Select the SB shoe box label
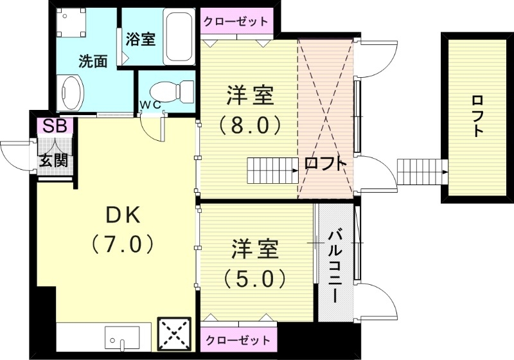point(55,126)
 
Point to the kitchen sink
point(121,337)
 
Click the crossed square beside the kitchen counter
point(174,334)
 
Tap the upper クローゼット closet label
point(236,21)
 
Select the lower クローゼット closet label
point(236,339)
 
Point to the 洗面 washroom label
point(93,62)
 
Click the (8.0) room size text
point(250,125)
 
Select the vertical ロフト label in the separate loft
point(477,116)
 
